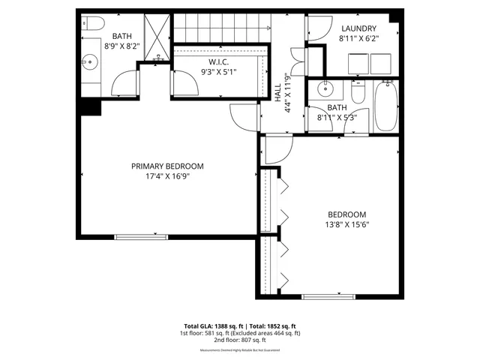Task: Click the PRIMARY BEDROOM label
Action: tap(167, 166)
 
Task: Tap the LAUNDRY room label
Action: tap(358, 29)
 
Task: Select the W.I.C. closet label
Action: tap(219, 63)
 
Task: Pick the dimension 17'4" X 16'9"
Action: tap(167, 177)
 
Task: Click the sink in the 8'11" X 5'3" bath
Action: tap(325, 89)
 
